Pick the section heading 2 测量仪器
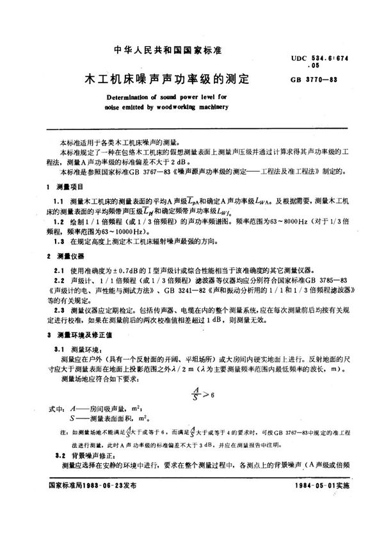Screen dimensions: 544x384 pyautogui.click(x=67, y=255)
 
